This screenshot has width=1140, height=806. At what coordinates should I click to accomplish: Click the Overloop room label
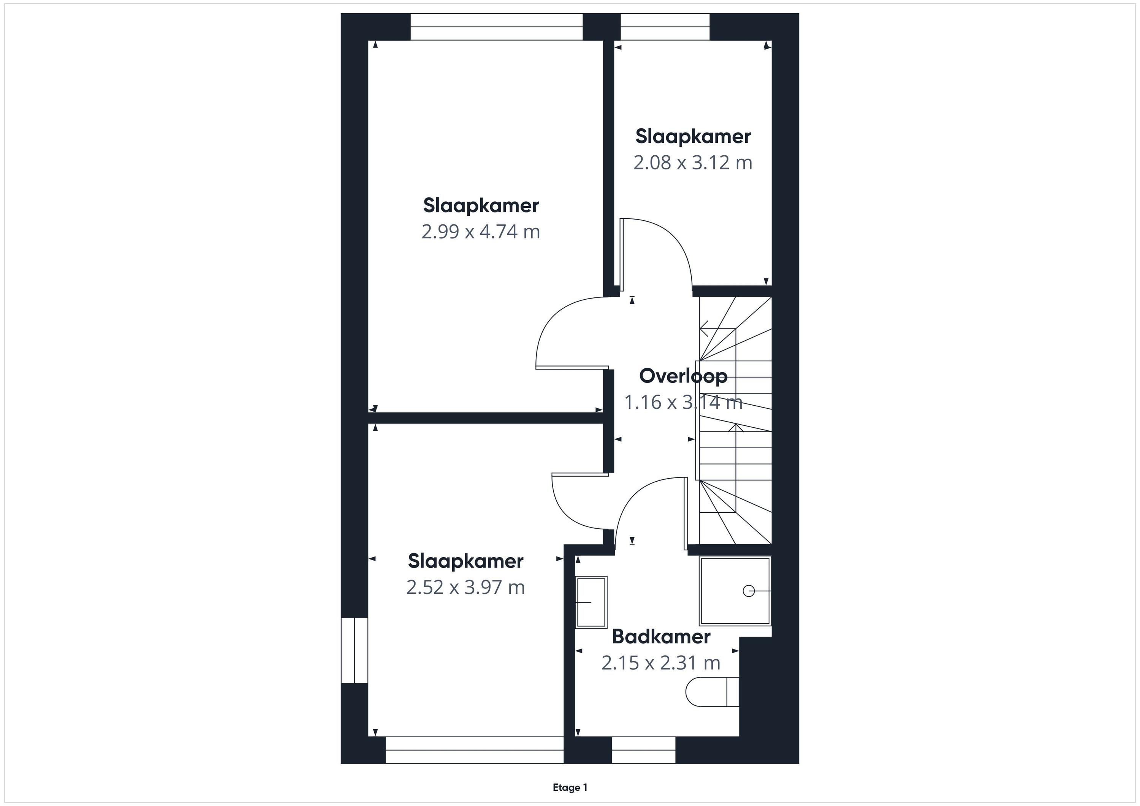[x=683, y=376]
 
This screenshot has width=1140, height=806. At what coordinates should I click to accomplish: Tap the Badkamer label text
[x=661, y=636]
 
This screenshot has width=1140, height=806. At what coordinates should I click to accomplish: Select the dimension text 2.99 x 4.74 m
[x=481, y=232]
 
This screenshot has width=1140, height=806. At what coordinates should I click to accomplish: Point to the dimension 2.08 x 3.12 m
[x=693, y=163]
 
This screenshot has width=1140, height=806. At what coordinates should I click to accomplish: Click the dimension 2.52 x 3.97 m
[x=465, y=588]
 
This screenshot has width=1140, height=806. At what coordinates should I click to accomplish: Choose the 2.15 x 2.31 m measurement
[x=661, y=663]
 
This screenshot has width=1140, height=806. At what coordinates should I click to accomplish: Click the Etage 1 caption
[x=570, y=788]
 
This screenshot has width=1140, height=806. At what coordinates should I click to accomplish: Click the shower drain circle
[x=749, y=591]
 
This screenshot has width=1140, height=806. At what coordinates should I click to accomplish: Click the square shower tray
[x=735, y=591]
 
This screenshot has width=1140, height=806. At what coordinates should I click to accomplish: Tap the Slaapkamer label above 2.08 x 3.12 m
[x=693, y=136]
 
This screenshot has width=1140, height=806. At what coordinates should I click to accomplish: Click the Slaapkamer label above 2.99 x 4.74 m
[x=481, y=205]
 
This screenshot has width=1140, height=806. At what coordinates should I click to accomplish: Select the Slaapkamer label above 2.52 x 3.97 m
[x=466, y=561]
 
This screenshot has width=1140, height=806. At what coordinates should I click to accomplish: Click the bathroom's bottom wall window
[x=643, y=750]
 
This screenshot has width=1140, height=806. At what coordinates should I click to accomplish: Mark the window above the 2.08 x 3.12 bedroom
[x=665, y=27]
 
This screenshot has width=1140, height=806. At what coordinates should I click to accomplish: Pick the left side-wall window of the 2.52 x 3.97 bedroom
[x=355, y=650]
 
